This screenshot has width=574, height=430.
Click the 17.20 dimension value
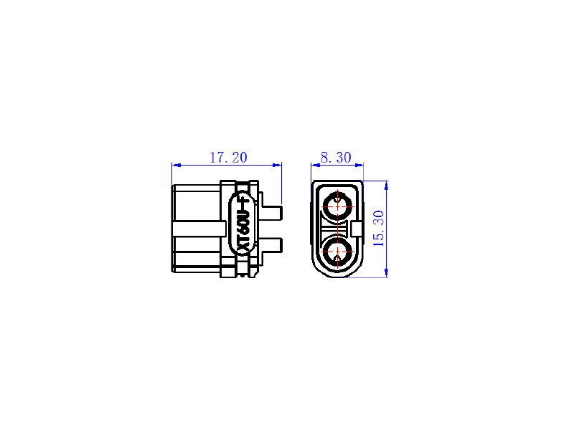tap(228, 158)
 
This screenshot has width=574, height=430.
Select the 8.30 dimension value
tap(336, 158)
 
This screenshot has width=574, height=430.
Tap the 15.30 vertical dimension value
tap(379, 229)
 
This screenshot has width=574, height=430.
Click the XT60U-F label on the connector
tap(243, 226)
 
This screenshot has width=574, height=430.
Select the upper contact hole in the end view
tap(337, 206)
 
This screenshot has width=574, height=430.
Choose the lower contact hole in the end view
tap(337, 252)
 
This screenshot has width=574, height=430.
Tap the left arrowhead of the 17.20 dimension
tap(176, 166)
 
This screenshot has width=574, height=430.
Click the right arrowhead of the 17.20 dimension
tap(277, 166)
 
